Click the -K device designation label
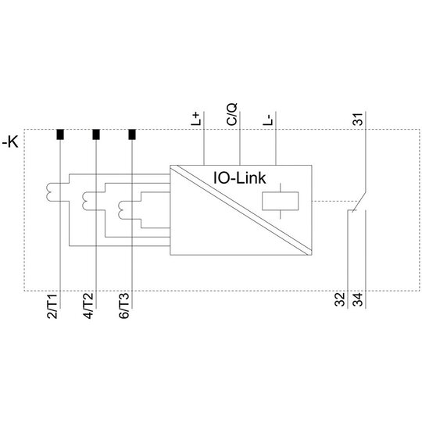pos(10,142)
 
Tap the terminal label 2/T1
pos(52,306)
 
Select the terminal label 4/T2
pos(88,306)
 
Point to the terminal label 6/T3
pos(124,306)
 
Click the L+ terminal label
pos(195,119)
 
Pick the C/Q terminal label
pos(232,114)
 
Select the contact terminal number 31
pos(358,119)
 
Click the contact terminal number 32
pos(340,299)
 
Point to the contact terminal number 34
pos(358,299)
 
